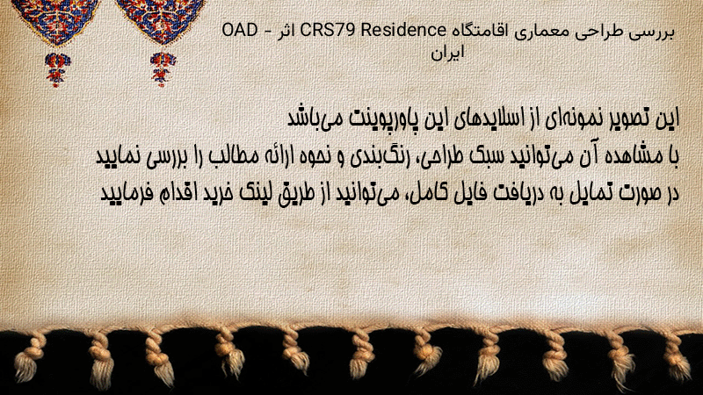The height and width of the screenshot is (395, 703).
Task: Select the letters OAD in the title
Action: click(240, 31)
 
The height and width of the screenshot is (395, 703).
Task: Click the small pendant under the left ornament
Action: click(57, 69)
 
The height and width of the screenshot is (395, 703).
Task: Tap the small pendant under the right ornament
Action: click(163, 69)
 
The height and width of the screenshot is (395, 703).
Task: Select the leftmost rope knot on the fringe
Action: click(29, 358)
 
